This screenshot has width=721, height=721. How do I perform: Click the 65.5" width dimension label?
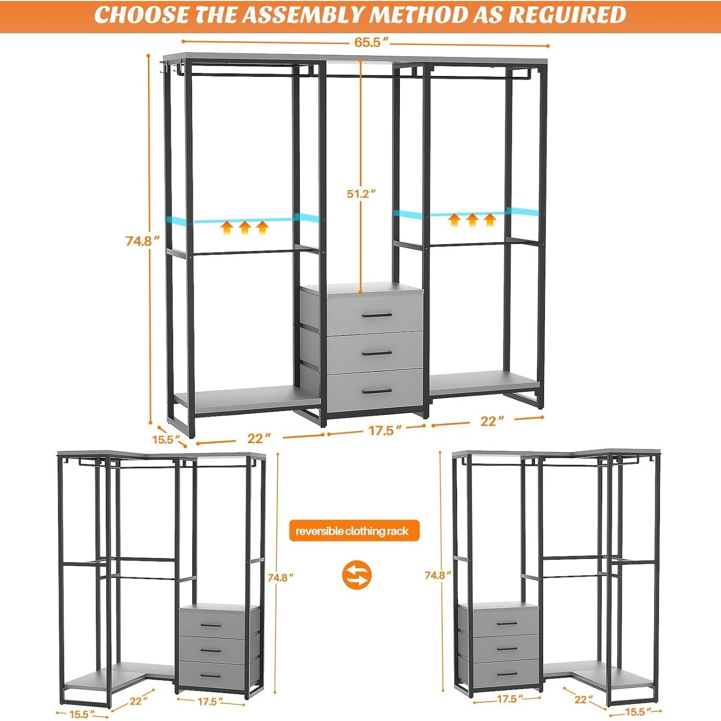point(368,42)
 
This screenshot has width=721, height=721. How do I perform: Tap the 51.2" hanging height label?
point(361,194)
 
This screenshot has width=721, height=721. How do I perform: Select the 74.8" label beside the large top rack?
point(142,241)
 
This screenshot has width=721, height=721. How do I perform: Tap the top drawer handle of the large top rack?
point(377,315)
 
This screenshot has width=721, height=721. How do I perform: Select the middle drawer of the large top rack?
point(375,352)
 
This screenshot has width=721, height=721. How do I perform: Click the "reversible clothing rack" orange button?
point(354,531)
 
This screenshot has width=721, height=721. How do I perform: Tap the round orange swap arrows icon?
point(357,575)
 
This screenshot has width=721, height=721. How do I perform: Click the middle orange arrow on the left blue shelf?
point(244,227)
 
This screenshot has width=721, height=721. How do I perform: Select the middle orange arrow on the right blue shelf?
point(472,220)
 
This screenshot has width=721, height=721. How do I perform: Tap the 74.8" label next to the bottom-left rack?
point(280,578)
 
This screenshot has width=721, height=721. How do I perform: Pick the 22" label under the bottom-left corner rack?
point(136,701)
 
